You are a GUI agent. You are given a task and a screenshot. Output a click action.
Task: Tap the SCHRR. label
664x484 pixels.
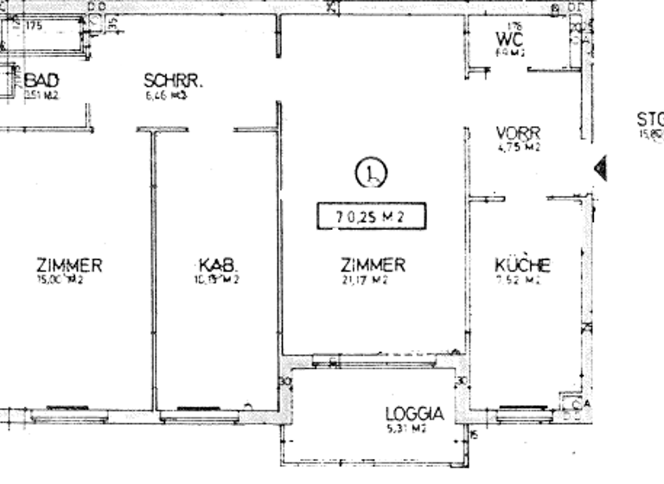click(173, 82)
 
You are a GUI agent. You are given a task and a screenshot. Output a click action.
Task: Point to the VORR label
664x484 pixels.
click(519, 133)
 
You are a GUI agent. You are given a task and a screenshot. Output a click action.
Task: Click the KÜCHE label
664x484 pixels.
click(522, 265)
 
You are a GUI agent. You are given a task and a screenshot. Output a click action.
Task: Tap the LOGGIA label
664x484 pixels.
click(413, 415)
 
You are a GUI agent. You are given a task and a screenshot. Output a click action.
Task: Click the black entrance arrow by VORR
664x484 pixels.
click(599, 167)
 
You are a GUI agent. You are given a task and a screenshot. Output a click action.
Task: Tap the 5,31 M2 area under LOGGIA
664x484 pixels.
click(405, 429)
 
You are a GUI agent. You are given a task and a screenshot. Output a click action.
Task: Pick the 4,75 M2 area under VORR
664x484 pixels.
click(519, 147)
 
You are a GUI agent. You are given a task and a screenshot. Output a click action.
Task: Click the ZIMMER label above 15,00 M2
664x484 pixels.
click(69, 265)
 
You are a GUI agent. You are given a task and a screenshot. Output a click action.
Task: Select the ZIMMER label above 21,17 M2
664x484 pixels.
click(373, 265)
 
